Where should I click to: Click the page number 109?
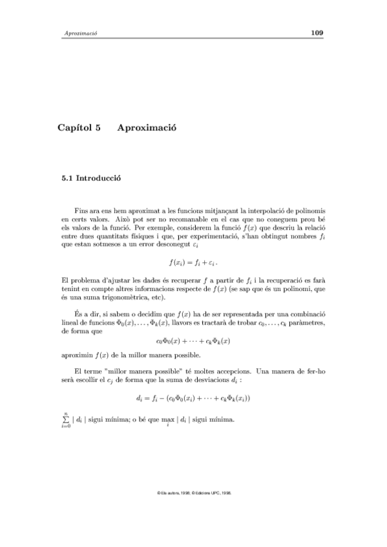coord(317,33)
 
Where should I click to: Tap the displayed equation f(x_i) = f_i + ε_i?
coord(193,263)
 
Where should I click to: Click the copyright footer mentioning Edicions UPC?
coord(193,492)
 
